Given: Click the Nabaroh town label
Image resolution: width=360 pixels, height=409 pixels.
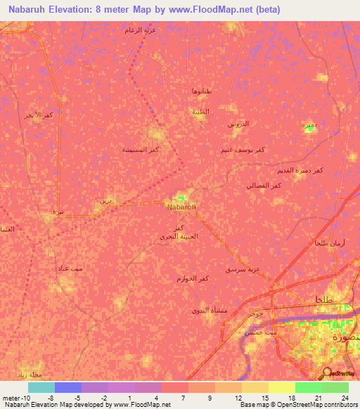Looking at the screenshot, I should (x=181, y=207).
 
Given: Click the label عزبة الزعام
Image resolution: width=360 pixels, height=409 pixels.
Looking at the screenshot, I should (x=140, y=30).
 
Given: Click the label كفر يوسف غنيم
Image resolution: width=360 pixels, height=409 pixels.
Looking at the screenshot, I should (x=243, y=150).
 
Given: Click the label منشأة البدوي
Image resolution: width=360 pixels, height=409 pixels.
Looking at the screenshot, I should (x=209, y=310).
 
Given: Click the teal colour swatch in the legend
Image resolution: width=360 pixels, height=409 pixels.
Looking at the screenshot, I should (x=41, y=387).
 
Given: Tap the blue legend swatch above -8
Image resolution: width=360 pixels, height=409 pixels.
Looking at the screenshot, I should (x=67, y=387).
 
